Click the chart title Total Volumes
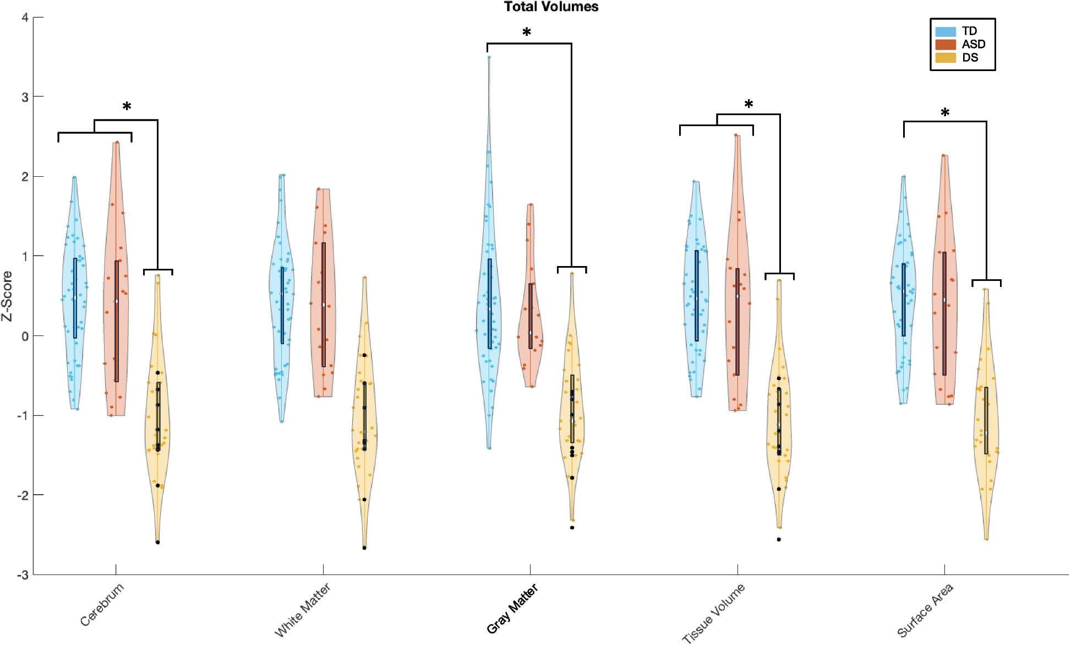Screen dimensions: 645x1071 [551, 7]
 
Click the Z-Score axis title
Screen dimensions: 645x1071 [7, 296]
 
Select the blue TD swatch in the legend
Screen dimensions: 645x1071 [945, 31]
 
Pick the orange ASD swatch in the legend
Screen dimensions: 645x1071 [945, 45]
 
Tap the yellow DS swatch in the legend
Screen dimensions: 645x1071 [945, 58]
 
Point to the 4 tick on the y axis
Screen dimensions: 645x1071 [25, 18]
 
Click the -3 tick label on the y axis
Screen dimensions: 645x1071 [23, 575]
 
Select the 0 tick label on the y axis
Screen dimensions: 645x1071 [25, 336]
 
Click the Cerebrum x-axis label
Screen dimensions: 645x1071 [102, 605]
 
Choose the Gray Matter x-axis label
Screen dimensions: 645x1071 [512, 609]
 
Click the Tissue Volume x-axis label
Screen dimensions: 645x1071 [713, 613]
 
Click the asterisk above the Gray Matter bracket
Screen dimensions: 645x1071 [527, 32]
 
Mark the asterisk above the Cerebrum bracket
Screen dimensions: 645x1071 [127, 106]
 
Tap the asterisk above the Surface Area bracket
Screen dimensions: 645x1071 [945, 113]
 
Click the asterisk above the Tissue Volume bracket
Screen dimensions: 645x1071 [748, 104]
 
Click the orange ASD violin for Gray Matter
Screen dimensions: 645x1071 [531, 308]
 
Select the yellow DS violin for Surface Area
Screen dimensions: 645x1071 [986, 419]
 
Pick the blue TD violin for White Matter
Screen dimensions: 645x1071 [282, 297]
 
